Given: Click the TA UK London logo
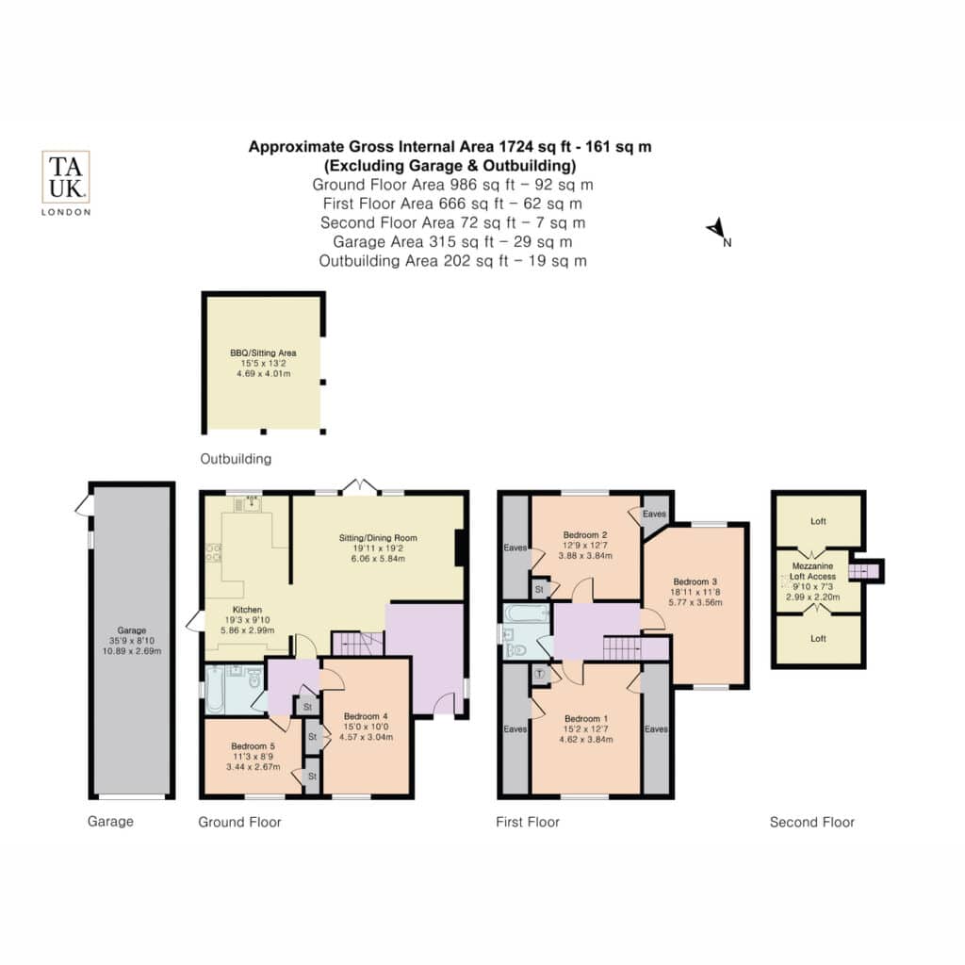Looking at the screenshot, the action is coord(66,183).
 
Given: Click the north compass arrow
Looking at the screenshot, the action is coord(716,229).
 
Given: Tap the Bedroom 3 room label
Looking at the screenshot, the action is coord(695,581).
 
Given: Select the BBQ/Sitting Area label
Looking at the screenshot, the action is coord(264,352).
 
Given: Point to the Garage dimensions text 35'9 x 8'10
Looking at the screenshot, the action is coord(132,641).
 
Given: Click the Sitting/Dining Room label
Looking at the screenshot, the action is coord(378,538).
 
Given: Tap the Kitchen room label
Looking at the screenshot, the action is coord(248,610).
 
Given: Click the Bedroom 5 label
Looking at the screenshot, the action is coord(253,746).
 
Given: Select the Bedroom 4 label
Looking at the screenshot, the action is coord(366,716).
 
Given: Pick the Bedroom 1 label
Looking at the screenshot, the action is coord(586,719).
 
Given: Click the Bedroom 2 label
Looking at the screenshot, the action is coord(585,535).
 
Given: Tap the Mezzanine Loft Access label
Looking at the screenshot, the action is coord(812,571).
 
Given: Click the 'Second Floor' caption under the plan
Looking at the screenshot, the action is coord(811,822).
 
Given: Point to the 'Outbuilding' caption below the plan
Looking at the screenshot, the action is coord(236,459).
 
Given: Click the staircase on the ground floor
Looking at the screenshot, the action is coord(357,644).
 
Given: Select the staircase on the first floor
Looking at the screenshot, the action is coord(622,648).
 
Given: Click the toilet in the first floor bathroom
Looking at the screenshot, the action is coord(516,649).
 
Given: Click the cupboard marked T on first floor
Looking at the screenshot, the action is coord(540,674).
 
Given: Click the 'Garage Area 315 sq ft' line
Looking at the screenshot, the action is coord(452,242).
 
